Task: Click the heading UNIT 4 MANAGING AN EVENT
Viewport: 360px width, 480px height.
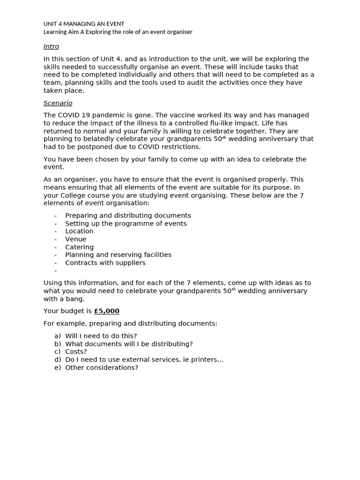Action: tap(84, 24)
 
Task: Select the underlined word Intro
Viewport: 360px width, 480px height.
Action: tap(51, 46)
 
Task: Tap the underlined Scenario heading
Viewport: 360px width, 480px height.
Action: tap(58, 103)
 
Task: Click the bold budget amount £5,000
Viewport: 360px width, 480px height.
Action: tap(106, 311)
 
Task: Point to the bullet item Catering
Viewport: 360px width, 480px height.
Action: tap(79, 247)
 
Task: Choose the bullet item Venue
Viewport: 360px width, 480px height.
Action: tap(75, 239)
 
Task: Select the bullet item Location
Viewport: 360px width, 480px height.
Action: tap(79, 231)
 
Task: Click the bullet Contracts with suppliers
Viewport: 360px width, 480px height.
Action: tap(105, 263)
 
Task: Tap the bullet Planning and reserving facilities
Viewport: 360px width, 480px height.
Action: tap(118, 255)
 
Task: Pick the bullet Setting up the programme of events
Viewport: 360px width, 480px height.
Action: tap(126, 224)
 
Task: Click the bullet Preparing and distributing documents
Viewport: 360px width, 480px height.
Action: tap(128, 216)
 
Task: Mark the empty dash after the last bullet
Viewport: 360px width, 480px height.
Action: tap(55, 271)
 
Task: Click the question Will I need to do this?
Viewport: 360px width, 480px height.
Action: tap(101, 336)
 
